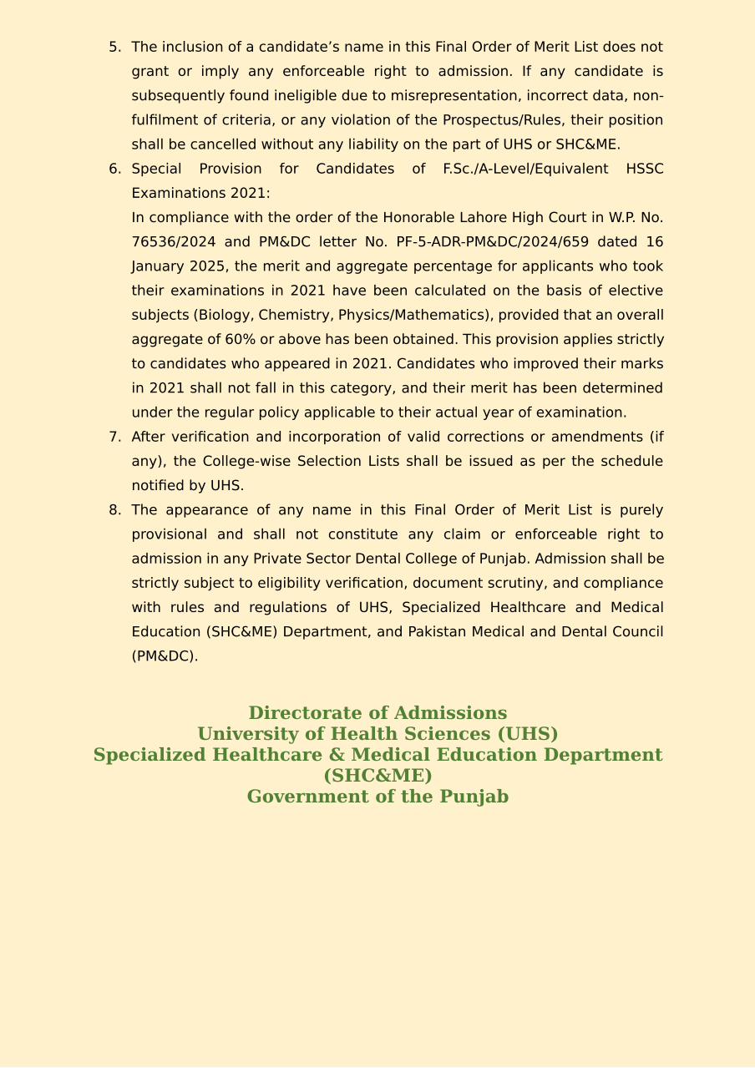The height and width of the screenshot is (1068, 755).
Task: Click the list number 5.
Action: (x=114, y=48)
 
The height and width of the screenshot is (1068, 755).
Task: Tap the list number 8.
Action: (x=114, y=510)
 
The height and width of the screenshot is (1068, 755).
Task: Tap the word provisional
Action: (x=169, y=534)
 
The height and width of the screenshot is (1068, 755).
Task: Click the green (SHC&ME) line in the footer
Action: (x=377, y=776)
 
